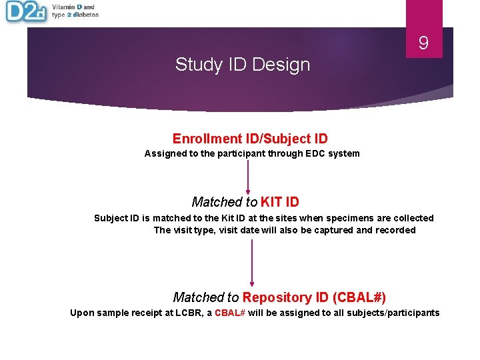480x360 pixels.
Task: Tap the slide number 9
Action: point(423,44)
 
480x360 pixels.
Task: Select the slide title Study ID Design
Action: point(243,65)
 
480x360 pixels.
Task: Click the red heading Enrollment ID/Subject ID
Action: point(250,139)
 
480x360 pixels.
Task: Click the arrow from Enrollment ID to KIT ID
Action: point(248,175)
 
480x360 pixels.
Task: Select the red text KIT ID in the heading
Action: point(279,202)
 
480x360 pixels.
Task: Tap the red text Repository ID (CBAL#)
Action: point(314,297)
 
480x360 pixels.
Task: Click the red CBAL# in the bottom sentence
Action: point(230,313)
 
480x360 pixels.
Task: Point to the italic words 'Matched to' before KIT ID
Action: point(225,202)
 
